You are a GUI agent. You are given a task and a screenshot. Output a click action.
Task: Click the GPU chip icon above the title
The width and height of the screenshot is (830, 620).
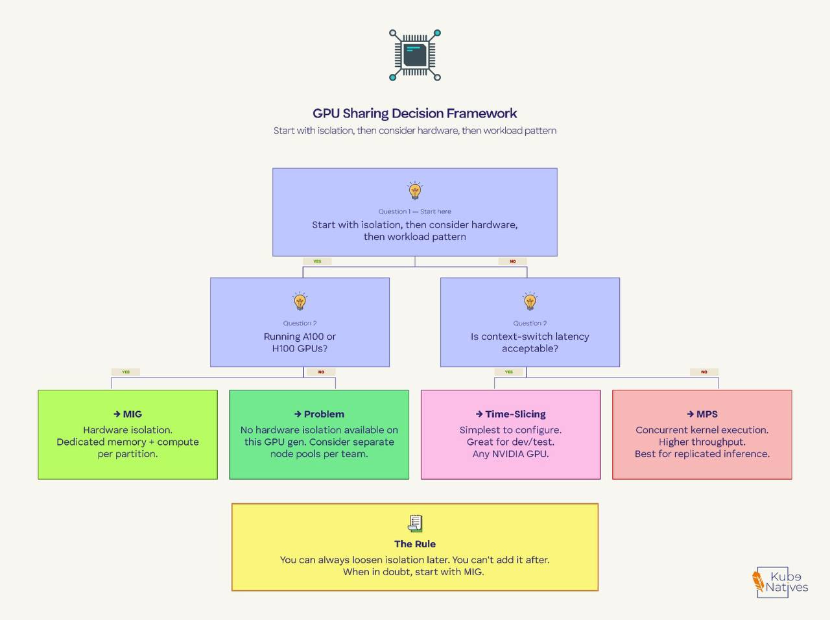coord(415,55)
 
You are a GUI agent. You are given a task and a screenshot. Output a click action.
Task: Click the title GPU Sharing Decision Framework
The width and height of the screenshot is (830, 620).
coord(414,113)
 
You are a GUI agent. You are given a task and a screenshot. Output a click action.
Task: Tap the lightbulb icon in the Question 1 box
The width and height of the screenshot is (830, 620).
coord(415,191)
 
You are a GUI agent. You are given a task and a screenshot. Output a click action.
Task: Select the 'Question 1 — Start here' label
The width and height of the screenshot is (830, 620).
coord(414,211)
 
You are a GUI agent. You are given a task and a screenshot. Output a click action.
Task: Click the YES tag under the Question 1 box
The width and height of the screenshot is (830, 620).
coord(317,261)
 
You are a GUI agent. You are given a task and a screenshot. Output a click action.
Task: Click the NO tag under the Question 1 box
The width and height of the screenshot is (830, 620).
coord(512,261)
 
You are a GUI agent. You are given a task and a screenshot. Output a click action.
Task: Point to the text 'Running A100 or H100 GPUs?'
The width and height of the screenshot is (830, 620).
coord(300,342)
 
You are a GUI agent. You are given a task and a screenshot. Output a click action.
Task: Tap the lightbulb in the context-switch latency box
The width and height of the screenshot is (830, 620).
coord(530,302)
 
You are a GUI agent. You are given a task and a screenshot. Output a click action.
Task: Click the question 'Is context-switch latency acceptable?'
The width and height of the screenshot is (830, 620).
coord(530,342)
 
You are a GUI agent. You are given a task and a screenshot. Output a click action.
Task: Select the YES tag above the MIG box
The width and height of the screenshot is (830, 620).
coord(126,372)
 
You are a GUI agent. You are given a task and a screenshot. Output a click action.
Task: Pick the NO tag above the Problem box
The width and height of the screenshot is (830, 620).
coord(321,372)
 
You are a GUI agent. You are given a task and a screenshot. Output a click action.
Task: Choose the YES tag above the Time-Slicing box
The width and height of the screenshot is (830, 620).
coord(509,372)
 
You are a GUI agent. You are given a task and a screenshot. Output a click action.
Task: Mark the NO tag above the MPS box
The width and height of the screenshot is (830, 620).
coord(704,372)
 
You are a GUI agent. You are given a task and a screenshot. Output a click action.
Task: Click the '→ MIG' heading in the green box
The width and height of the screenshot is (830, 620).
coord(128,414)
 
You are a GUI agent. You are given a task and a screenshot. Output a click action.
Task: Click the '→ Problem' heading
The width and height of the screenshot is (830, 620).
coord(319,414)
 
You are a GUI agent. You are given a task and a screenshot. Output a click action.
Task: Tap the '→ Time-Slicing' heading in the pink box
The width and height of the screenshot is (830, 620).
coord(510,414)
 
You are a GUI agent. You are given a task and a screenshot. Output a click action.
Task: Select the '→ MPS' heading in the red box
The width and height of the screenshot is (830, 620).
coord(702,414)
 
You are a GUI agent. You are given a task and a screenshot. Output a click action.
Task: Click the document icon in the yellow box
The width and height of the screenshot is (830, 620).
coord(415,523)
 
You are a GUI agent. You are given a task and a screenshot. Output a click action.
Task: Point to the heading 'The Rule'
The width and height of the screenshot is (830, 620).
coord(415,544)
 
